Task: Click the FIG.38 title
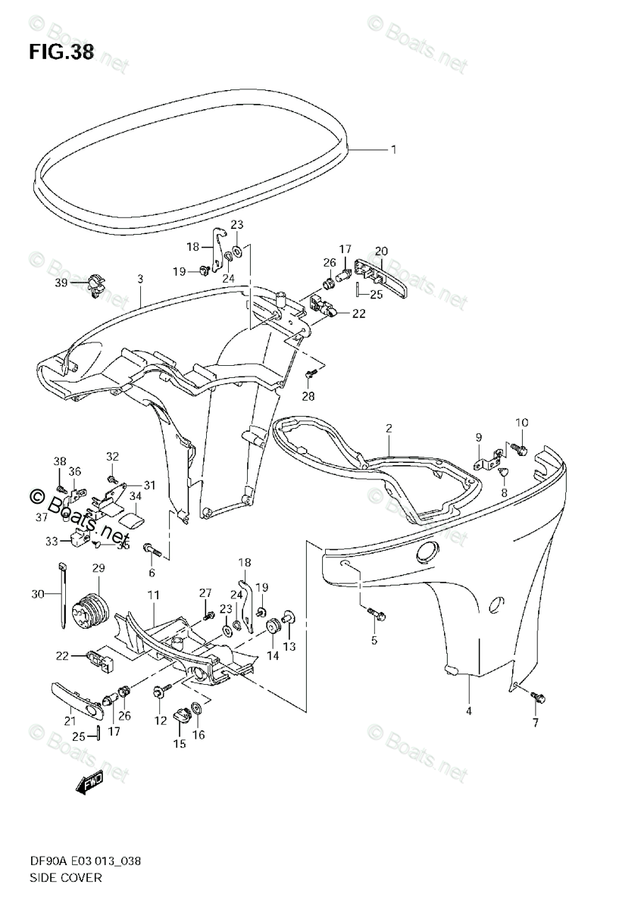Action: click(61, 52)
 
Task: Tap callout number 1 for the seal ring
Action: click(393, 149)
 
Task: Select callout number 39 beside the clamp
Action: click(60, 283)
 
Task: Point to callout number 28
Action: click(308, 395)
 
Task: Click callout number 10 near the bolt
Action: click(523, 422)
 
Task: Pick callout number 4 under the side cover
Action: click(469, 711)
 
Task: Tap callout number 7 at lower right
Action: click(536, 723)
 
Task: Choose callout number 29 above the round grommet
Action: click(98, 568)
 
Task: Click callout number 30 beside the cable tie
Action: click(37, 595)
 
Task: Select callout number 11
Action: click(153, 597)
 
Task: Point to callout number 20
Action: click(380, 251)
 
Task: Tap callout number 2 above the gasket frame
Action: click(388, 429)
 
